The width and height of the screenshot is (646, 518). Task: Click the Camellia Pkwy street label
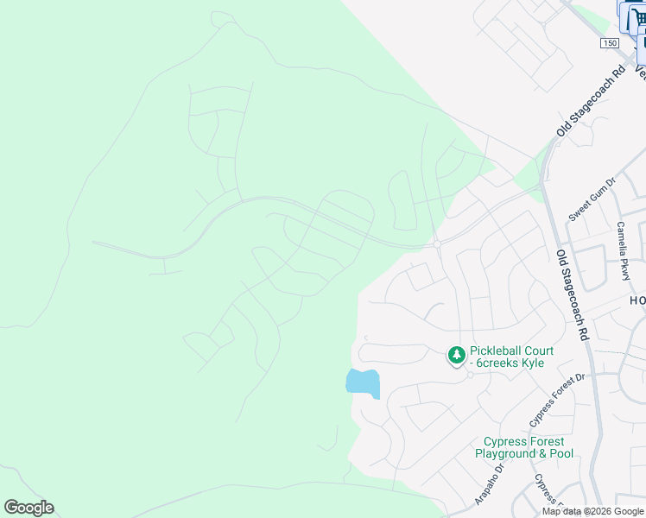pyautogui.click(x=622, y=250)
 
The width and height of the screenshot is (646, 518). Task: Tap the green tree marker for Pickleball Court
pyautogui.click(x=456, y=355)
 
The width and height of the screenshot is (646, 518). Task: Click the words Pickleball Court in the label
pyautogui.click(x=511, y=351)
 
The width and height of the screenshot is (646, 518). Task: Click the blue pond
pyautogui.click(x=363, y=382)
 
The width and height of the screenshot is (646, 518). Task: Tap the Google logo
pyautogui.click(x=28, y=508)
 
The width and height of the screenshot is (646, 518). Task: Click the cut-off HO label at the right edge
pyautogui.click(x=636, y=300)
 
